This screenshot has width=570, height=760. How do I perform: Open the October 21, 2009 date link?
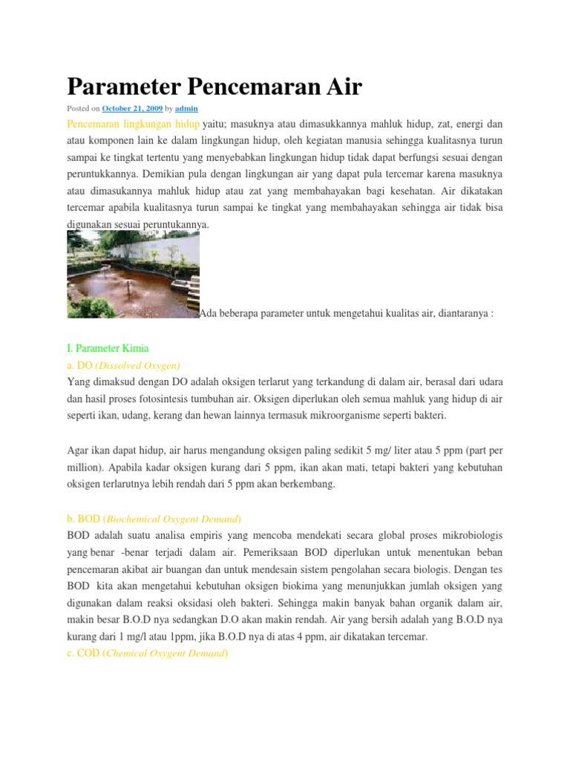[x=132, y=108]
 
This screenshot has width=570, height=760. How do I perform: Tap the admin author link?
[x=186, y=108]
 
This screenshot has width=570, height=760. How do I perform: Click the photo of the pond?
[x=133, y=274]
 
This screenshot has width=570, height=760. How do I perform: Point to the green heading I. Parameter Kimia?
[x=108, y=347]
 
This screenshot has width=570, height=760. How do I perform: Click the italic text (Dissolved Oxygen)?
[x=138, y=365]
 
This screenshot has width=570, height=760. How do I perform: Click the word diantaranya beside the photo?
[x=460, y=313]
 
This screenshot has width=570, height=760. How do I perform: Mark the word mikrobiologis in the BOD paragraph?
[x=470, y=536]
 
